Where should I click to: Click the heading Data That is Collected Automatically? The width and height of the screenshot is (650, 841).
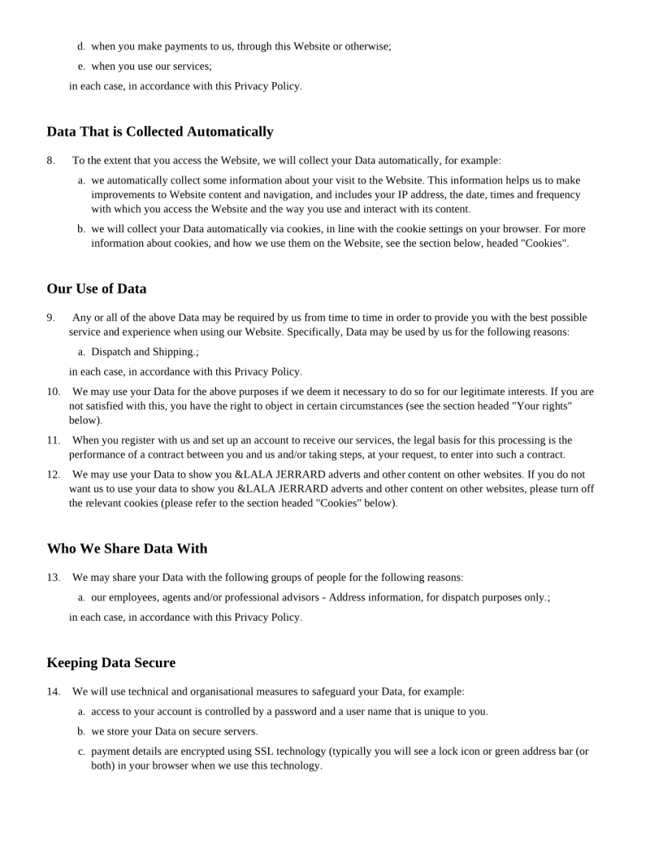[160, 132]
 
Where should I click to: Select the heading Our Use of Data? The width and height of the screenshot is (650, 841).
[97, 288]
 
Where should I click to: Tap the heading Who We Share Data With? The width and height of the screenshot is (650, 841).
[127, 548]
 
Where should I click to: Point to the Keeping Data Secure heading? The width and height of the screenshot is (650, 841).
[111, 663]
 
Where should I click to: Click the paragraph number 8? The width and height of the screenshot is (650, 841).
[50, 160]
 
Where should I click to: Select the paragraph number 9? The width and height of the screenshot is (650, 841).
[50, 318]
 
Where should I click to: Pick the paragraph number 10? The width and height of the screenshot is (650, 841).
[53, 392]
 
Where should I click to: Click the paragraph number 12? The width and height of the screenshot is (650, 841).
[53, 474]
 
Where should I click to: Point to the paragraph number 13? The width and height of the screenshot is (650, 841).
[53, 578]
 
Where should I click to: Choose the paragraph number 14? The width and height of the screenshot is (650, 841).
[53, 691]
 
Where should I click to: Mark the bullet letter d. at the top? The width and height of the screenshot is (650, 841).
[81, 46]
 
